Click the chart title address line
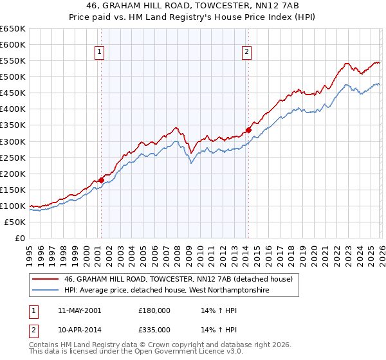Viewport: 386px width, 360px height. coord(192,6)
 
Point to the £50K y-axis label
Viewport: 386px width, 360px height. coord(15,222)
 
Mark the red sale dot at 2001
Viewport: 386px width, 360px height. coord(101,180)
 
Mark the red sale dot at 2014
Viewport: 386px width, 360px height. coord(248,130)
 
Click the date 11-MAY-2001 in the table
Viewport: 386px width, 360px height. coord(79,310)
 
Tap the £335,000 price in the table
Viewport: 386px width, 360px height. coord(154,330)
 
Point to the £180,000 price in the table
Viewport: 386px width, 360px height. coord(154,310)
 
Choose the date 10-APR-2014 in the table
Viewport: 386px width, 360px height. coord(79,330)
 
